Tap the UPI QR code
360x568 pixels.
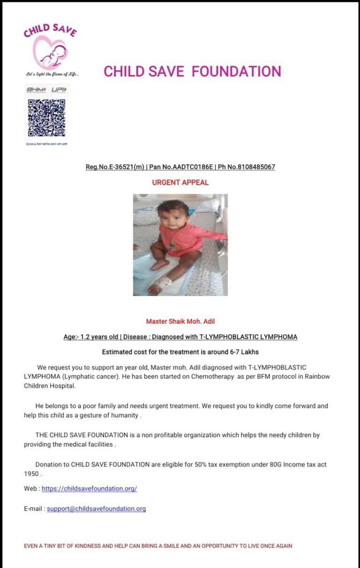click(x=46, y=118)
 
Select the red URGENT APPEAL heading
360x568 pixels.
click(x=180, y=182)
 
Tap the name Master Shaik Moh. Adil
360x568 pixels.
click(x=180, y=321)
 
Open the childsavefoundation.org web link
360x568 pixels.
click(x=89, y=488)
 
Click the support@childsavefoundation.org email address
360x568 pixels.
click(x=96, y=508)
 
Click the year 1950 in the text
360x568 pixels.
click(x=31, y=474)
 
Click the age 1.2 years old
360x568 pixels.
click(x=100, y=337)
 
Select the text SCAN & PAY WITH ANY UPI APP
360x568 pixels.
click(x=46, y=144)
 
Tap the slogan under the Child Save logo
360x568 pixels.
click(x=52, y=74)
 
